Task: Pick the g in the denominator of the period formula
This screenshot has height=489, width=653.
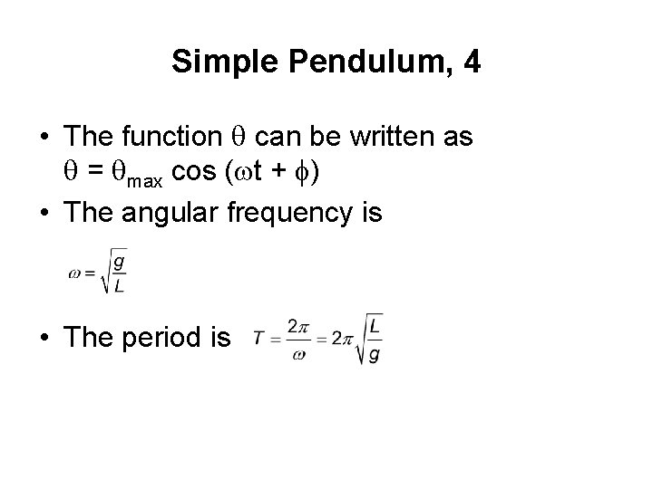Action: point(375,355)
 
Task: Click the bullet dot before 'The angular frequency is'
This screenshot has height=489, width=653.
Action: point(44,214)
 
